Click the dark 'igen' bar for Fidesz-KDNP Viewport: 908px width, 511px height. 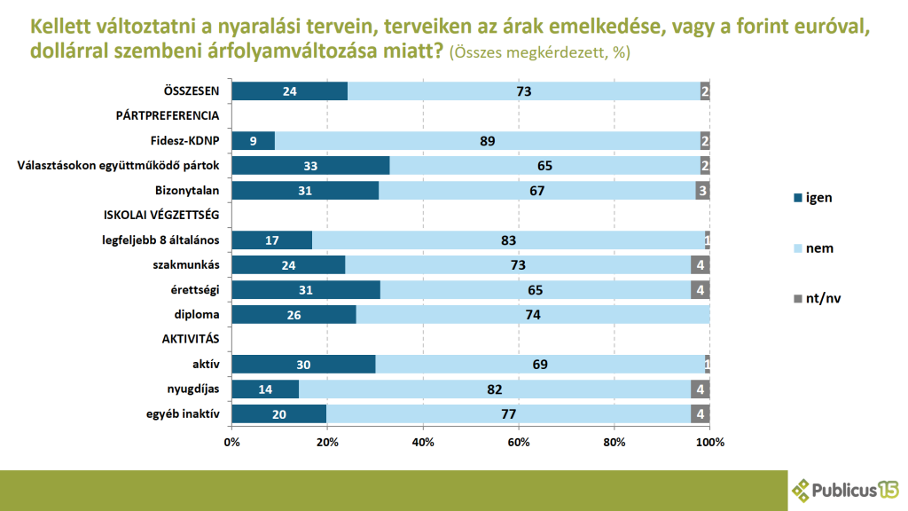(254, 141)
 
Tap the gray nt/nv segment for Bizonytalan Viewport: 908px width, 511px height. (702, 191)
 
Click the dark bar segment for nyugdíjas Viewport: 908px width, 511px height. (265, 389)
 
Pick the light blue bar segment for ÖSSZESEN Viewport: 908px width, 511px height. (524, 91)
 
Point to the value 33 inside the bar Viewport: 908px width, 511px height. (310, 166)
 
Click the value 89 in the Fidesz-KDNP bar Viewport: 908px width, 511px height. (488, 141)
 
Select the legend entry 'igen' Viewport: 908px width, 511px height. (813, 198)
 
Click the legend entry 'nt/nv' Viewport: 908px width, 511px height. (817, 298)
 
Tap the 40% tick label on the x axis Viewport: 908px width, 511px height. (423, 442)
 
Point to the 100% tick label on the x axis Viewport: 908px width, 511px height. (710, 442)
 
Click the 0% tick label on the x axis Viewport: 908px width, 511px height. (231, 442)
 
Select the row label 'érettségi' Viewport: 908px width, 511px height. (194, 290)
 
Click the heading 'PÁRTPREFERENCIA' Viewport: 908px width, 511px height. (168, 115)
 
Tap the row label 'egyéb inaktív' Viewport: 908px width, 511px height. (183, 413)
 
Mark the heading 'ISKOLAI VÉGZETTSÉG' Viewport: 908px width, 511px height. (161, 215)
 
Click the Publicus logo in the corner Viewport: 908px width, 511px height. (845, 490)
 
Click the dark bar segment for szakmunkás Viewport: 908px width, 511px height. (288, 264)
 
